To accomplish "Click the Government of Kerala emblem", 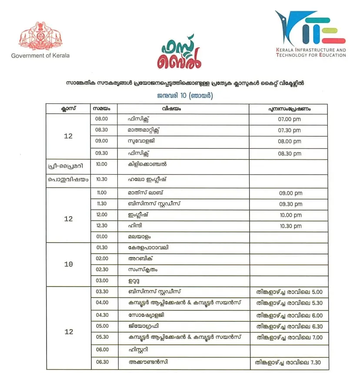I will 40,36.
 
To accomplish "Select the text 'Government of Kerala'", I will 40,56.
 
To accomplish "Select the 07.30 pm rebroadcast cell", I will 289,130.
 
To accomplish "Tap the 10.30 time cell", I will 101,179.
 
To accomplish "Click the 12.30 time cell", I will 101,226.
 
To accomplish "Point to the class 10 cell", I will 68,264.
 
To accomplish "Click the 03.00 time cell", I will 102,281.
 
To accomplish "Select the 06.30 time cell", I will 102,361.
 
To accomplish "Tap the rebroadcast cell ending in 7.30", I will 289,362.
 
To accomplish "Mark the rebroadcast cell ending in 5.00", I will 289,292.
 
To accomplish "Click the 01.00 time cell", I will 101,237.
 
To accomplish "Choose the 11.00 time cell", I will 101,193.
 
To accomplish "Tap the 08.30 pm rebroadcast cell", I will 289,153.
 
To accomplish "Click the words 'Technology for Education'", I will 310,55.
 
